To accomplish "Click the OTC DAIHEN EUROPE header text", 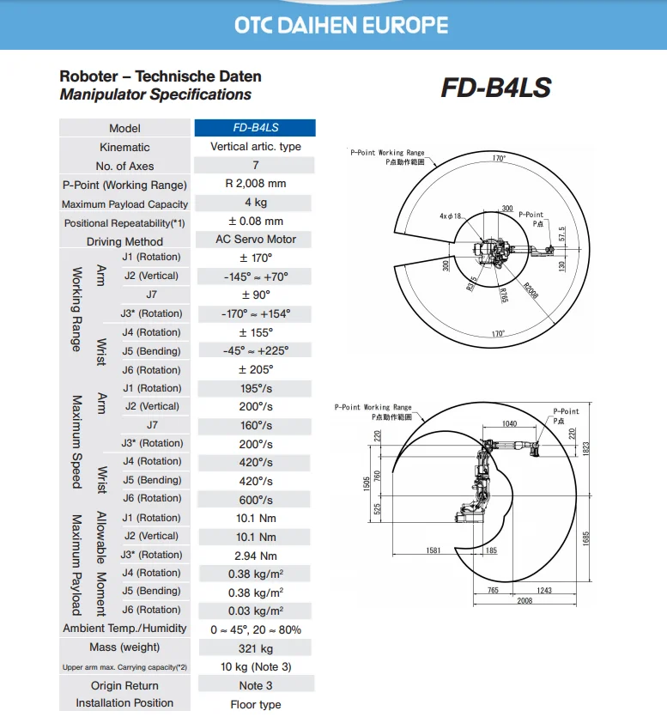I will (x=342, y=25).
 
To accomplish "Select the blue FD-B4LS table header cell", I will (x=255, y=128).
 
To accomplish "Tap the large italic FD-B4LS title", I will (x=495, y=88).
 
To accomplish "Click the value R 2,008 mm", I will (x=255, y=184).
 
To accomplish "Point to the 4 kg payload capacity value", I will (x=255, y=203).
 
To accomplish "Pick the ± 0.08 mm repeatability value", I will (x=255, y=222).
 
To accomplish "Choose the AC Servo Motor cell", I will (x=255, y=240).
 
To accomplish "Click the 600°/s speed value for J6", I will (x=255, y=500).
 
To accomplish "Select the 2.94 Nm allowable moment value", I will (x=255, y=556).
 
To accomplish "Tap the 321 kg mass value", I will (x=255, y=649).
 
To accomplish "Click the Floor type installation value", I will (x=255, y=705).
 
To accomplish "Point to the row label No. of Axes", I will (x=124, y=167).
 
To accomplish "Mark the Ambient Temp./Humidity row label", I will (x=124, y=629).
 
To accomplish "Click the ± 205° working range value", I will (x=255, y=370).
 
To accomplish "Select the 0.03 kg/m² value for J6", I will (x=255, y=611).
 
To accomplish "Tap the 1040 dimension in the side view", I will (x=508, y=425).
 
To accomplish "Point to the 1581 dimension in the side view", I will (x=434, y=550).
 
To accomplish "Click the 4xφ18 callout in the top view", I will (x=451, y=216).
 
